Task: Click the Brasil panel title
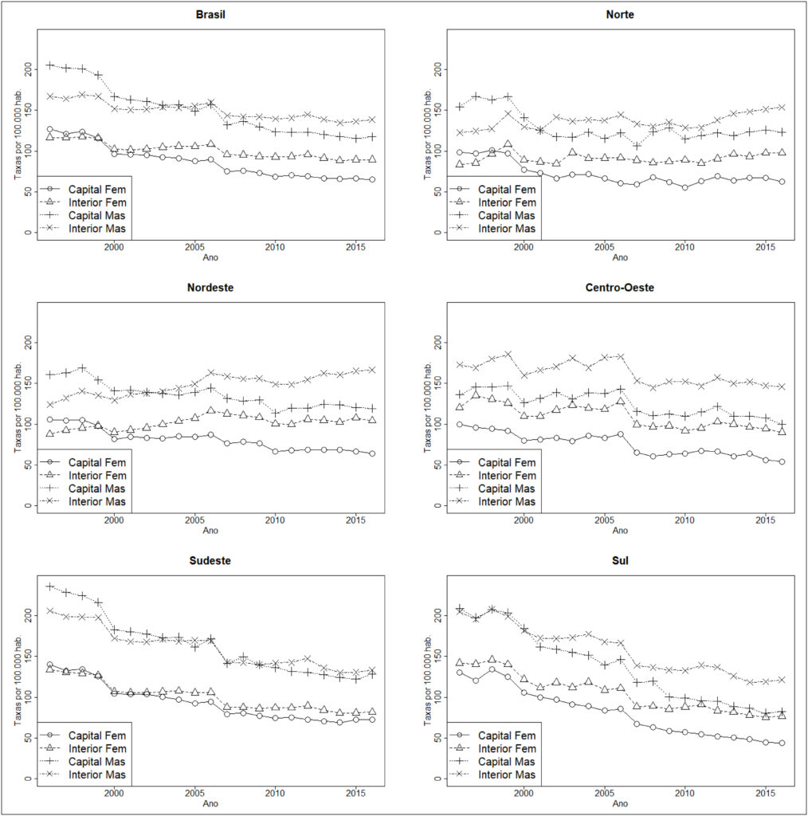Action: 210,14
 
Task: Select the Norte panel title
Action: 620,14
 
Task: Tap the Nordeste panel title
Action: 210,288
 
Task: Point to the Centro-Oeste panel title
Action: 620,288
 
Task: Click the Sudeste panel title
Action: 210,561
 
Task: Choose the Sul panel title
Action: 620,561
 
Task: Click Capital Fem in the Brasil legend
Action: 97,190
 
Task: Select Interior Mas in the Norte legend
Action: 507,229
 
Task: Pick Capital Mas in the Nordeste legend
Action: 96,489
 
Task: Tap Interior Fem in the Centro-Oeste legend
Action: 508,477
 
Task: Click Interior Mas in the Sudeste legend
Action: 96,775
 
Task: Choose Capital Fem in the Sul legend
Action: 507,736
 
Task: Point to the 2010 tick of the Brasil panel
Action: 275,247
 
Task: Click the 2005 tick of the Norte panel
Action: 604,247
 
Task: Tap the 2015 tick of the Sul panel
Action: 765,794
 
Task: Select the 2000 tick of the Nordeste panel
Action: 114,520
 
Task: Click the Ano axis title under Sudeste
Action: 210,803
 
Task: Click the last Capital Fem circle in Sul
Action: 782,743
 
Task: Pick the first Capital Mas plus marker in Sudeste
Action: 50,587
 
